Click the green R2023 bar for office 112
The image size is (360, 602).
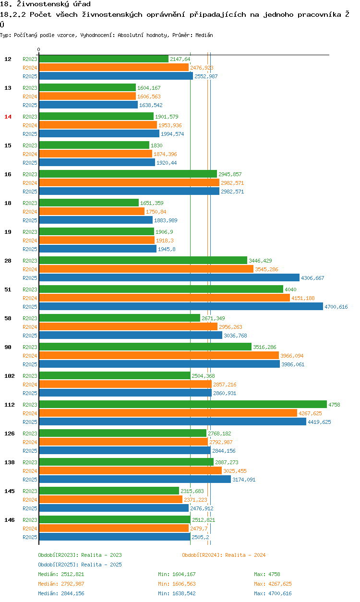click(182, 405)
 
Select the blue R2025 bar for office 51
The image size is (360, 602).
click(180, 307)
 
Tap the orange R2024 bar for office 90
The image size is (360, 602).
click(158, 356)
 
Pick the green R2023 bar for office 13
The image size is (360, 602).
click(87, 88)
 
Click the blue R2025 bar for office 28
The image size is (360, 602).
click(169, 278)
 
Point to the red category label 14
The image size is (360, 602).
click(8, 117)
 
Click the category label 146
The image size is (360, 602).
click(9, 520)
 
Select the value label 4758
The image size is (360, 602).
click(334, 405)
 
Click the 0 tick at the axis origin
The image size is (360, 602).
click(39, 50)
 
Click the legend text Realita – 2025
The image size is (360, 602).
click(101, 565)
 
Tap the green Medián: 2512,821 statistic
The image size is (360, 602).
click(62, 574)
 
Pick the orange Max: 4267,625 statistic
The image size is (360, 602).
click(273, 584)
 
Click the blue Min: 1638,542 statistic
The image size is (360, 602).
click(177, 593)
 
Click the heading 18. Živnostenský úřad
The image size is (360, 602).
click(45, 4)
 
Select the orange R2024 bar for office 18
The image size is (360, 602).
click(92, 212)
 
